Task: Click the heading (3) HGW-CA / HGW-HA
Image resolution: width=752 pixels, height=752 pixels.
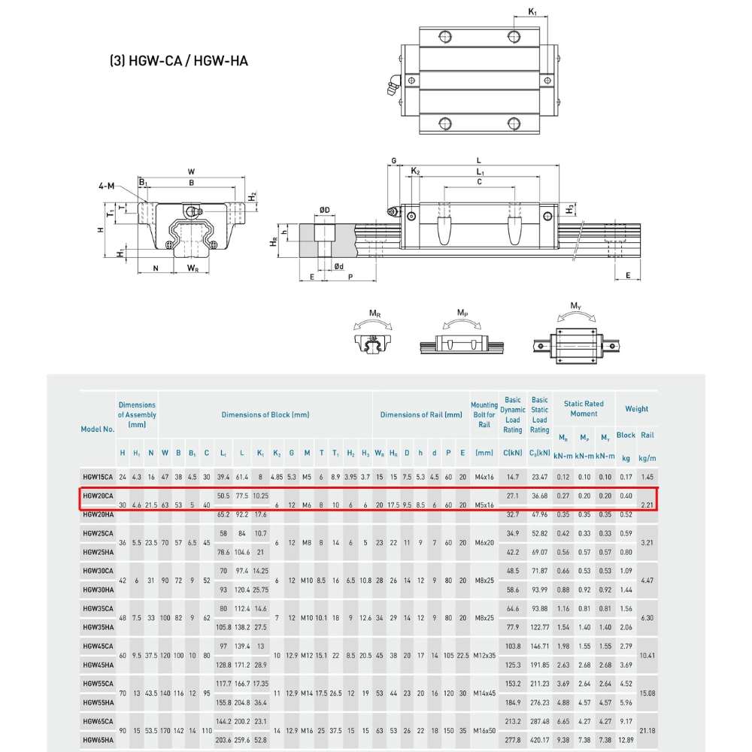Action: (x=178, y=61)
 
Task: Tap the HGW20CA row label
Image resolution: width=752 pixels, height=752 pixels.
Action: (x=98, y=496)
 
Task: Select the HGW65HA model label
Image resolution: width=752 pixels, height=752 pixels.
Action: (x=98, y=741)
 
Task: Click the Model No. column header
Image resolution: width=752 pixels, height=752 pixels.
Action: (x=98, y=429)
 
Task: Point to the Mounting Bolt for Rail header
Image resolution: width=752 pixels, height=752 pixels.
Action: (x=484, y=414)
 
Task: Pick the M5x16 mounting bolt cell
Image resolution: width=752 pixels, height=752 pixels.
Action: (x=484, y=505)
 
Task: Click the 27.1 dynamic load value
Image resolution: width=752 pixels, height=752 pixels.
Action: (x=513, y=496)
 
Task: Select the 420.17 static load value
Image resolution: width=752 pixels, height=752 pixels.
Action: (x=539, y=741)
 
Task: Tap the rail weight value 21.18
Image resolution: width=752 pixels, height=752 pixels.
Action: (x=646, y=731)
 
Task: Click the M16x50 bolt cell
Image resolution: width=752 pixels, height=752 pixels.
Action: (x=484, y=731)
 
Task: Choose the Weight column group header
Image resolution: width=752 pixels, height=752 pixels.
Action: (x=636, y=409)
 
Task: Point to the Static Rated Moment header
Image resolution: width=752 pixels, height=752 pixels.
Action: (x=584, y=408)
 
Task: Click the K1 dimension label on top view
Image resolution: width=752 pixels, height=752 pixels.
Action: (x=532, y=12)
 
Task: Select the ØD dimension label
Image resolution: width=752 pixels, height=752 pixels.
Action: (x=324, y=209)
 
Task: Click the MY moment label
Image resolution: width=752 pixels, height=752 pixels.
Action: (x=575, y=306)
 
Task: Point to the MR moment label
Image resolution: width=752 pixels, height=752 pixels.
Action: (x=374, y=312)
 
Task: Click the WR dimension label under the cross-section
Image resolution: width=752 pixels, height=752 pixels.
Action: (x=193, y=268)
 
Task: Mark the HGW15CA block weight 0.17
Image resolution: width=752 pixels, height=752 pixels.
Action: (x=626, y=478)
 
